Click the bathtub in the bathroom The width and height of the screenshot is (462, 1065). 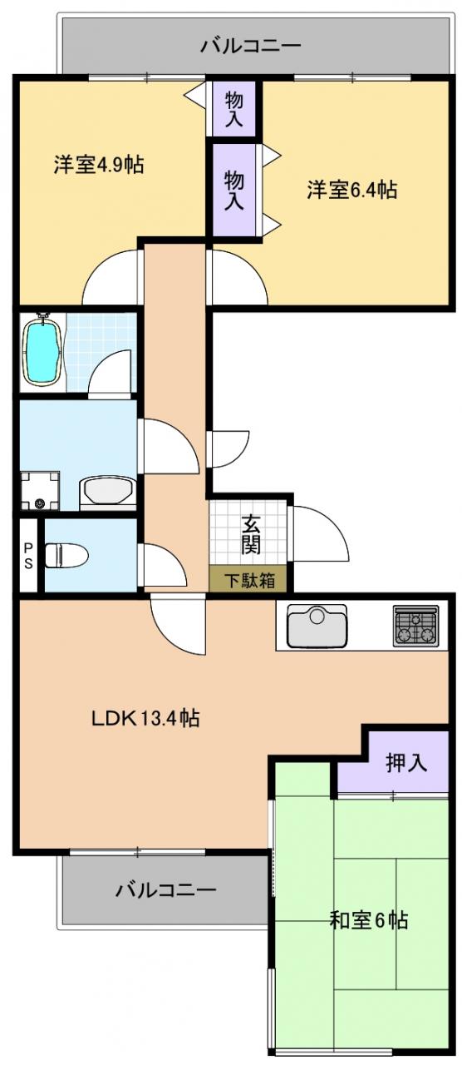point(43,351)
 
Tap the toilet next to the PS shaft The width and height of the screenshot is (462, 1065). point(67,555)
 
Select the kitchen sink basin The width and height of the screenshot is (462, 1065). point(317,627)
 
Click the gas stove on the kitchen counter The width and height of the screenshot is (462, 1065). point(415,625)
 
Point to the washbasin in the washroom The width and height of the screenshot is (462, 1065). point(108,493)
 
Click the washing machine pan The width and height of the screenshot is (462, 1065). point(40,491)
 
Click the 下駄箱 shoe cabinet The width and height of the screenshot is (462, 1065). point(248,579)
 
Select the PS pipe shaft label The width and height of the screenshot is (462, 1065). point(28,555)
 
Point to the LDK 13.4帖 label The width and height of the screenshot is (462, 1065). point(145,718)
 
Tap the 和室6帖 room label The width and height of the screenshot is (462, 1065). point(368,933)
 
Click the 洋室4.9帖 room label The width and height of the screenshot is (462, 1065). point(99,165)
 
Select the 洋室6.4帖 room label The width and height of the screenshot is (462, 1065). point(351,190)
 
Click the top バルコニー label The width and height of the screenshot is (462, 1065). point(250,46)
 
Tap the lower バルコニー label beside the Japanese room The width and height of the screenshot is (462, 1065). point(165,890)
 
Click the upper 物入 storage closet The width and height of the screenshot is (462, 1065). point(233,109)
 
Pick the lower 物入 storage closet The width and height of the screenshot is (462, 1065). point(234,191)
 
